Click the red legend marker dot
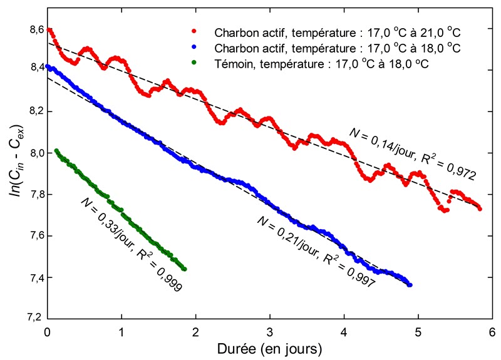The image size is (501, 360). pyautogui.click(x=195, y=31)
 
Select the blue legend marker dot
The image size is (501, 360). pyautogui.click(x=195, y=48)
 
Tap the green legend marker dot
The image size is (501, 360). pyautogui.click(x=195, y=64)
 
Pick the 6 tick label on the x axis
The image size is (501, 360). pyautogui.click(x=492, y=329)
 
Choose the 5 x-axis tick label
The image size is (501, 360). pyautogui.click(x=418, y=329)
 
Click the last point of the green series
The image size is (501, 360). pyautogui.click(x=185, y=269)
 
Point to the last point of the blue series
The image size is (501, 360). pyautogui.click(x=410, y=285)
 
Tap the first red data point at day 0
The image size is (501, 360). pyautogui.click(x=48, y=29)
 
